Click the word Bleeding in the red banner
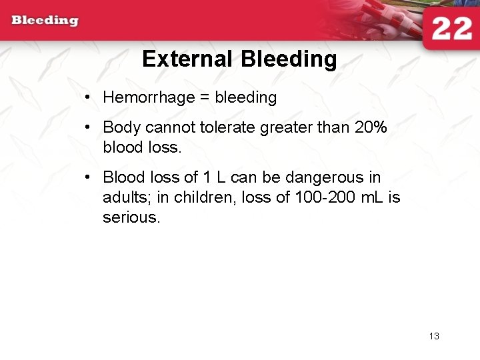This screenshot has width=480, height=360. (45, 20)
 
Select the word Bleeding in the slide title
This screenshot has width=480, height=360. (288, 59)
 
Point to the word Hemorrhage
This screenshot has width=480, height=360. (149, 98)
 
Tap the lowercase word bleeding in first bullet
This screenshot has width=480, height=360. (245, 98)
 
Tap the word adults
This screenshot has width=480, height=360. (127, 198)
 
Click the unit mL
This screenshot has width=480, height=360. (369, 198)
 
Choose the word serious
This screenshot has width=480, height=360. (131, 218)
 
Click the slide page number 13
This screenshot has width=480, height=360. (434, 336)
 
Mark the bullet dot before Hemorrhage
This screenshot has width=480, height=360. (88, 98)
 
